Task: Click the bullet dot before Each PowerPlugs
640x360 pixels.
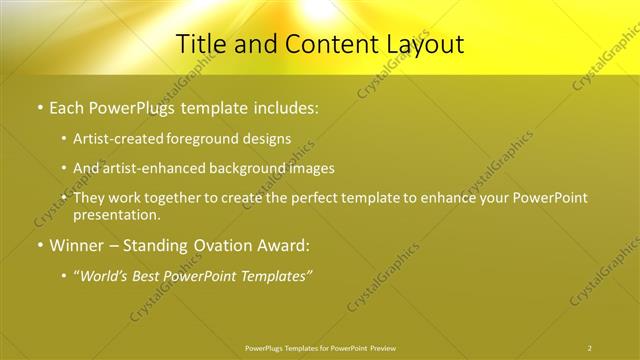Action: pos(39,106)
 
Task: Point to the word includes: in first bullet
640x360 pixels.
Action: pos(283,106)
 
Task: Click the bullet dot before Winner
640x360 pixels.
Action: pos(39,245)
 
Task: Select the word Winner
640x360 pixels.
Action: pos(78,245)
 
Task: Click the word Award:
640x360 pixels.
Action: pos(281,245)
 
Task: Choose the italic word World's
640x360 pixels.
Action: pos(105,275)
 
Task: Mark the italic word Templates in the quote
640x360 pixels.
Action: pos(275,275)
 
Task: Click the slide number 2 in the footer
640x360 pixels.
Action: pos(589,348)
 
